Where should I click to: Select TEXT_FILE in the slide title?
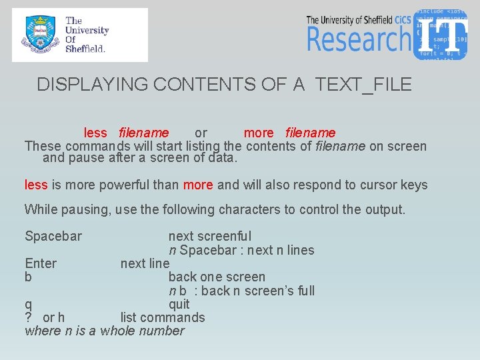[363, 85]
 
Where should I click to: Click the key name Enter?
[41, 263]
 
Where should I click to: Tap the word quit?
[179, 304]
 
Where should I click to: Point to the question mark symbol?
[29, 317]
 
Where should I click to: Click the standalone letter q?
[28, 305]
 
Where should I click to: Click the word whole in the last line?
[119, 331]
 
